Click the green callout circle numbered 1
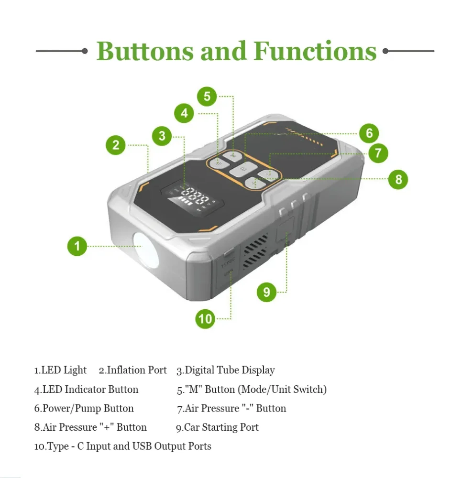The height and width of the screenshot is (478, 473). pyautogui.click(x=77, y=246)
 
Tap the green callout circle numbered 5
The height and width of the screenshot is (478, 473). pyautogui.click(x=207, y=97)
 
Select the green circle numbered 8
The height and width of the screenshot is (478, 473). pyautogui.click(x=398, y=179)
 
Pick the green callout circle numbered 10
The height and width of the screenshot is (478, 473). pyautogui.click(x=205, y=319)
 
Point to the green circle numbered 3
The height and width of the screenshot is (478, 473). pyautogui.click(x=162, y=136)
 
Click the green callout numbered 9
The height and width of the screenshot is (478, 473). pyautogui.click(x=266, y=292)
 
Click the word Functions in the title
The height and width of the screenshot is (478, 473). pyautogui.click(x=315, y=51)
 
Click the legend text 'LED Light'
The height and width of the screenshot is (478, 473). pyautogui.click(x=64, y=370)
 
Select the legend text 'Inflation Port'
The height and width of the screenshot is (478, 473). pyautogui.click(x=137, y=370)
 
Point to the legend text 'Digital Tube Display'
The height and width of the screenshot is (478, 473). pyautogui.click(x=230, y=370)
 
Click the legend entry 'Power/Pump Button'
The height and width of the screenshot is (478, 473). pyautogui.click(x=88, y=408)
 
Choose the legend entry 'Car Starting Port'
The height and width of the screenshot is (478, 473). pyautogui.click(x=221, y=427)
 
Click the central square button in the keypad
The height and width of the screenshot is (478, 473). pyautogui.click(x=243, y=169)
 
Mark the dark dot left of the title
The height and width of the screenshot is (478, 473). pyautogui.click(x=85, y=51)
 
